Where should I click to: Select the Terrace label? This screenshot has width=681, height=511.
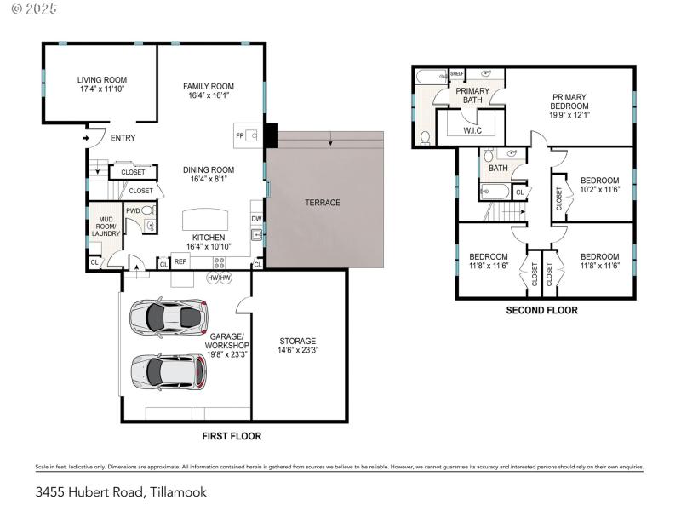pyautogui.click(x=323, y=203)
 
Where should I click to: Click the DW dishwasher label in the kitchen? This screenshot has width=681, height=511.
pyautogui.click(x=256, y=218)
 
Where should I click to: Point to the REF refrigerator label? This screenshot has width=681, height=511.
pyautogui.click(x=180, y=261)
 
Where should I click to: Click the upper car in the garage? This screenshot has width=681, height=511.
pyautogui.click(x=169, y=316)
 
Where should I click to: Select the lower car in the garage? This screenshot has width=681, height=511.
pyautogui.click(x=169, y=370)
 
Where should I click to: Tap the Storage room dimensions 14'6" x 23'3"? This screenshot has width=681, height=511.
pyautogui.click(x=298, y=350)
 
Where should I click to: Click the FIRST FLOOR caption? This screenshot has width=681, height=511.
pyautogui.click(x=231, y=436)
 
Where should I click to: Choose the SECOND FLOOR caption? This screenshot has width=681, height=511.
pyautogui.click(x=541, y=310)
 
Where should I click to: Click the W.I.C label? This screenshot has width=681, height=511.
pyautogui.click(x=473, y=130)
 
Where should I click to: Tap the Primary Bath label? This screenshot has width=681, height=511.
pyautogui.click(x=472, y=95)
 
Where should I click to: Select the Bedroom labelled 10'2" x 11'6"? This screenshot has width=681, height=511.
pyautogui.click(x=599, y=185)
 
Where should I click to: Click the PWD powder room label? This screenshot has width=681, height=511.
pyautogui.click(x=134, y=210)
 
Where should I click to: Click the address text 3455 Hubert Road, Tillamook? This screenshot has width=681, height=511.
pyautogui.click(x=121, y=492)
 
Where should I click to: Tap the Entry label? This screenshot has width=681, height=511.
pyautogui.click(x=123, y=138)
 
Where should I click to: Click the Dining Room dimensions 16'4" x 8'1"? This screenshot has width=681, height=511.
pyautogui.click(x=209, y=180)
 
